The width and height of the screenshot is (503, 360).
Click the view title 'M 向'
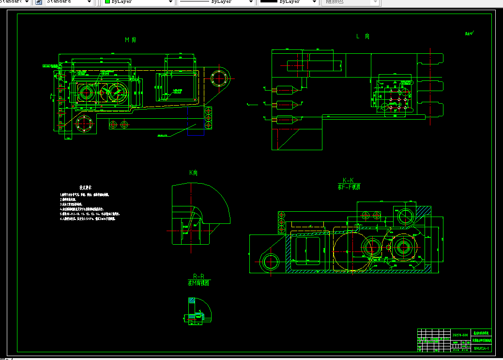coord(130,40)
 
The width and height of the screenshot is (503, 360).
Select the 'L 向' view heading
coord(363,36)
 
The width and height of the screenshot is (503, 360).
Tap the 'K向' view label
coord(193,173)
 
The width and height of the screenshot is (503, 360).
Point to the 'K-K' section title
coord(348,180)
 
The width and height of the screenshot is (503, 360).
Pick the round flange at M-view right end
coord(220,78)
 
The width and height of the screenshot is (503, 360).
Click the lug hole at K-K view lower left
coord(270,262)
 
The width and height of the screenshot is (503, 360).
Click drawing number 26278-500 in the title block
coord(459,335)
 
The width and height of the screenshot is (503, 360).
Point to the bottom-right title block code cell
coord(481,348)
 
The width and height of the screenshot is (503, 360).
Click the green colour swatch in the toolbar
coord(107,2)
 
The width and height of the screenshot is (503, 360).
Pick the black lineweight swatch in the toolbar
coord(269,2)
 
